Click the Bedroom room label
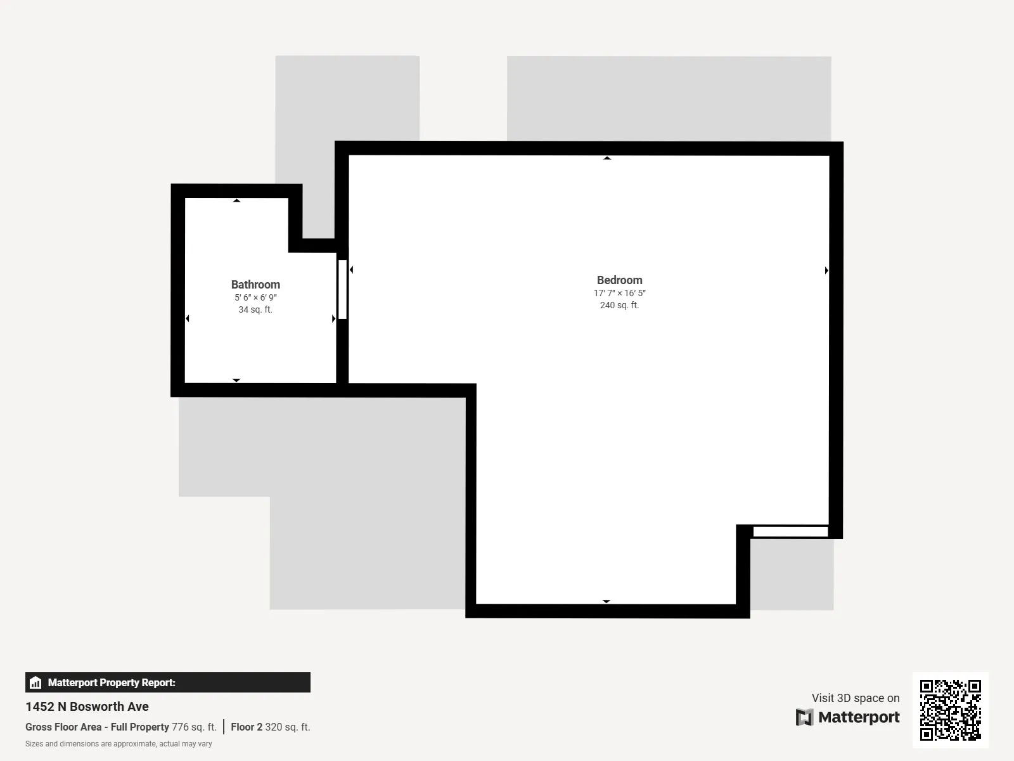(619, 280)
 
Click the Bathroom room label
(255, 285)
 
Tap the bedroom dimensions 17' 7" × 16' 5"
(619, 293)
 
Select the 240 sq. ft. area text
(619, 305)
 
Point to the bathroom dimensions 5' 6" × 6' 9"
(255, 297)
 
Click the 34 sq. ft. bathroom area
(255, 309)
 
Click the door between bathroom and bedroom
(342, 289)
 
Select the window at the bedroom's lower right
(790, 531)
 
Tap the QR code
(950, 710)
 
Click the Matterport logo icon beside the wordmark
(804, 717)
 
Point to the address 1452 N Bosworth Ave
(87, 706)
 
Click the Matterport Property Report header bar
(167, 682)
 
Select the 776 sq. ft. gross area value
(194, 727)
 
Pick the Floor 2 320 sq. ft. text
(271, 727)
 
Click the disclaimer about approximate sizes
(119, 744)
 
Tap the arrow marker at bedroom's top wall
(607, 158)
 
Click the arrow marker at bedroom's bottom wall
(606, 601)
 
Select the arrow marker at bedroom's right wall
(826, 271)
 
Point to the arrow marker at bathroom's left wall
(188, 318)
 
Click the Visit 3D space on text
(856, 698)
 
